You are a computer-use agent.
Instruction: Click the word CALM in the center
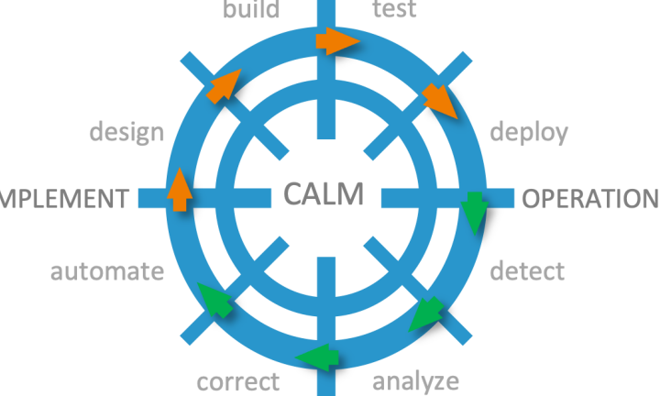(324, 194)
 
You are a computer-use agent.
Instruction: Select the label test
(395, 10)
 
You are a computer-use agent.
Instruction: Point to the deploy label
(529, 132)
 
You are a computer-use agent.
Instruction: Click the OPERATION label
(590, 199)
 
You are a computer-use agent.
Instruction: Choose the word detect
(527, 271)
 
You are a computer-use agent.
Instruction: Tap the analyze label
(415, 379)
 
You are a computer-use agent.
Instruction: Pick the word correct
(238, 379)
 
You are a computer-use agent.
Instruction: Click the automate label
(107, 271)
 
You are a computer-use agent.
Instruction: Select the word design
(126, 132)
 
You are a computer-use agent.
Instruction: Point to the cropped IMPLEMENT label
(62, 199)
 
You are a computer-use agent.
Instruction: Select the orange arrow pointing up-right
(224, 83)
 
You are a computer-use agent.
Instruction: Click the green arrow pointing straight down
(474, 211)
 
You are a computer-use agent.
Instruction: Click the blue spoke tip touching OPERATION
(506, 197)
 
